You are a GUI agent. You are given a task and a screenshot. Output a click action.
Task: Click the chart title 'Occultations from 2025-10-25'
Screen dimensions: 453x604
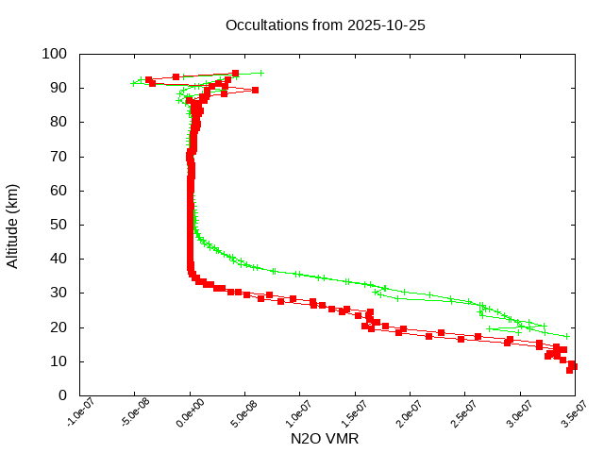click(x=326, y=25)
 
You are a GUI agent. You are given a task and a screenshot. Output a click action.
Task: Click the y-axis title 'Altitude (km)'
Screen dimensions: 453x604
click(x=12, y=225)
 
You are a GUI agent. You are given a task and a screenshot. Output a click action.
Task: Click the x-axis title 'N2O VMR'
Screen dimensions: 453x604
click(x=325, y=438)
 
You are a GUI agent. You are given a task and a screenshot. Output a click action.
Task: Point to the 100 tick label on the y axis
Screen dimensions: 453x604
click(x=54, y=54)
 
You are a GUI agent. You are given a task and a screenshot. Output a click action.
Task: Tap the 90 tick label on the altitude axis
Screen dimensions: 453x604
click(x=58, y=88)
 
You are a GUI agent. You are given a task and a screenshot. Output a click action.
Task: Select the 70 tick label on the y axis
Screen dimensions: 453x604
click(x=58, y=156)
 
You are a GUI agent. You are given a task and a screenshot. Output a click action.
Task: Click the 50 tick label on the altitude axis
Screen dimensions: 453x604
click(x=58, y=225)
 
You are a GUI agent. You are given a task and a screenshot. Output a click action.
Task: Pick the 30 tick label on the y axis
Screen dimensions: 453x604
click(x=58, y=293)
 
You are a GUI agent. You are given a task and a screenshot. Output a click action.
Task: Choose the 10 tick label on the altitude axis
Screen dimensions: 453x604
click(x=58, y=361)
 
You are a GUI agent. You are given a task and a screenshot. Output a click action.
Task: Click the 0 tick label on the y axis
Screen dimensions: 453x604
click(x=61, y=395)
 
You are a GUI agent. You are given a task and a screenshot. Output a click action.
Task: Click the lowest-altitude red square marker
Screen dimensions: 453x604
click(x=569, y=370)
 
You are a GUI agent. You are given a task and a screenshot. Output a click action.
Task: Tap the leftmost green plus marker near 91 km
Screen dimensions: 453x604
click(x=133, y=84)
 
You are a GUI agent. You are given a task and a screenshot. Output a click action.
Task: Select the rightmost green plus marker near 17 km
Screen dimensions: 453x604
click(x=566, y=336)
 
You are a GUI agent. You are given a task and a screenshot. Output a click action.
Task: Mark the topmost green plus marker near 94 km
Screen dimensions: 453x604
click(x=260, y=73)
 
